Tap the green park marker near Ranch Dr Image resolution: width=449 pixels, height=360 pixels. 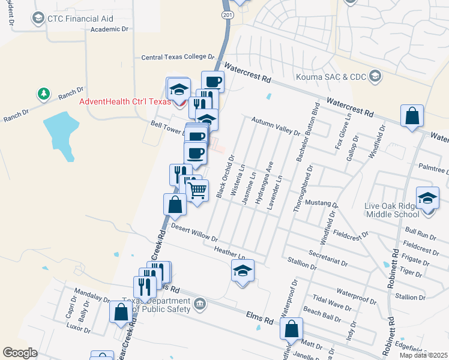pyautogui.click(x=43, y=94)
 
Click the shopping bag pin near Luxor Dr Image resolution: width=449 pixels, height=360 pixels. pyautogui.click(x=121, y=312)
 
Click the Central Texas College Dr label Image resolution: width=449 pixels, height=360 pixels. pyautogui.click(x=178, y=58)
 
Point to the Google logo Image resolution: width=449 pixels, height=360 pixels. pyautogui.click(x=20, y=352)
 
